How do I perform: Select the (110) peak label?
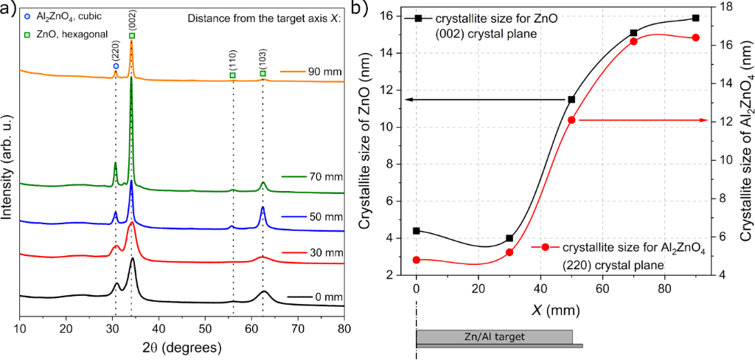coord(232,63)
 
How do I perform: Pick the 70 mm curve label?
coord(305,176)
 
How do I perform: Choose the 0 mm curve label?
coord(307,296)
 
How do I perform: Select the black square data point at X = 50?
coord(571,100)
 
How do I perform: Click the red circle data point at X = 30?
coord(509,252)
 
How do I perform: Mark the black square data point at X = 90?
coord(695,18)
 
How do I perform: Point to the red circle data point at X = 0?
coord(417,260)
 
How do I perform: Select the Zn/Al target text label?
coord(494,337)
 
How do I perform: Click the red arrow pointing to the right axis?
coord(641,120)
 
